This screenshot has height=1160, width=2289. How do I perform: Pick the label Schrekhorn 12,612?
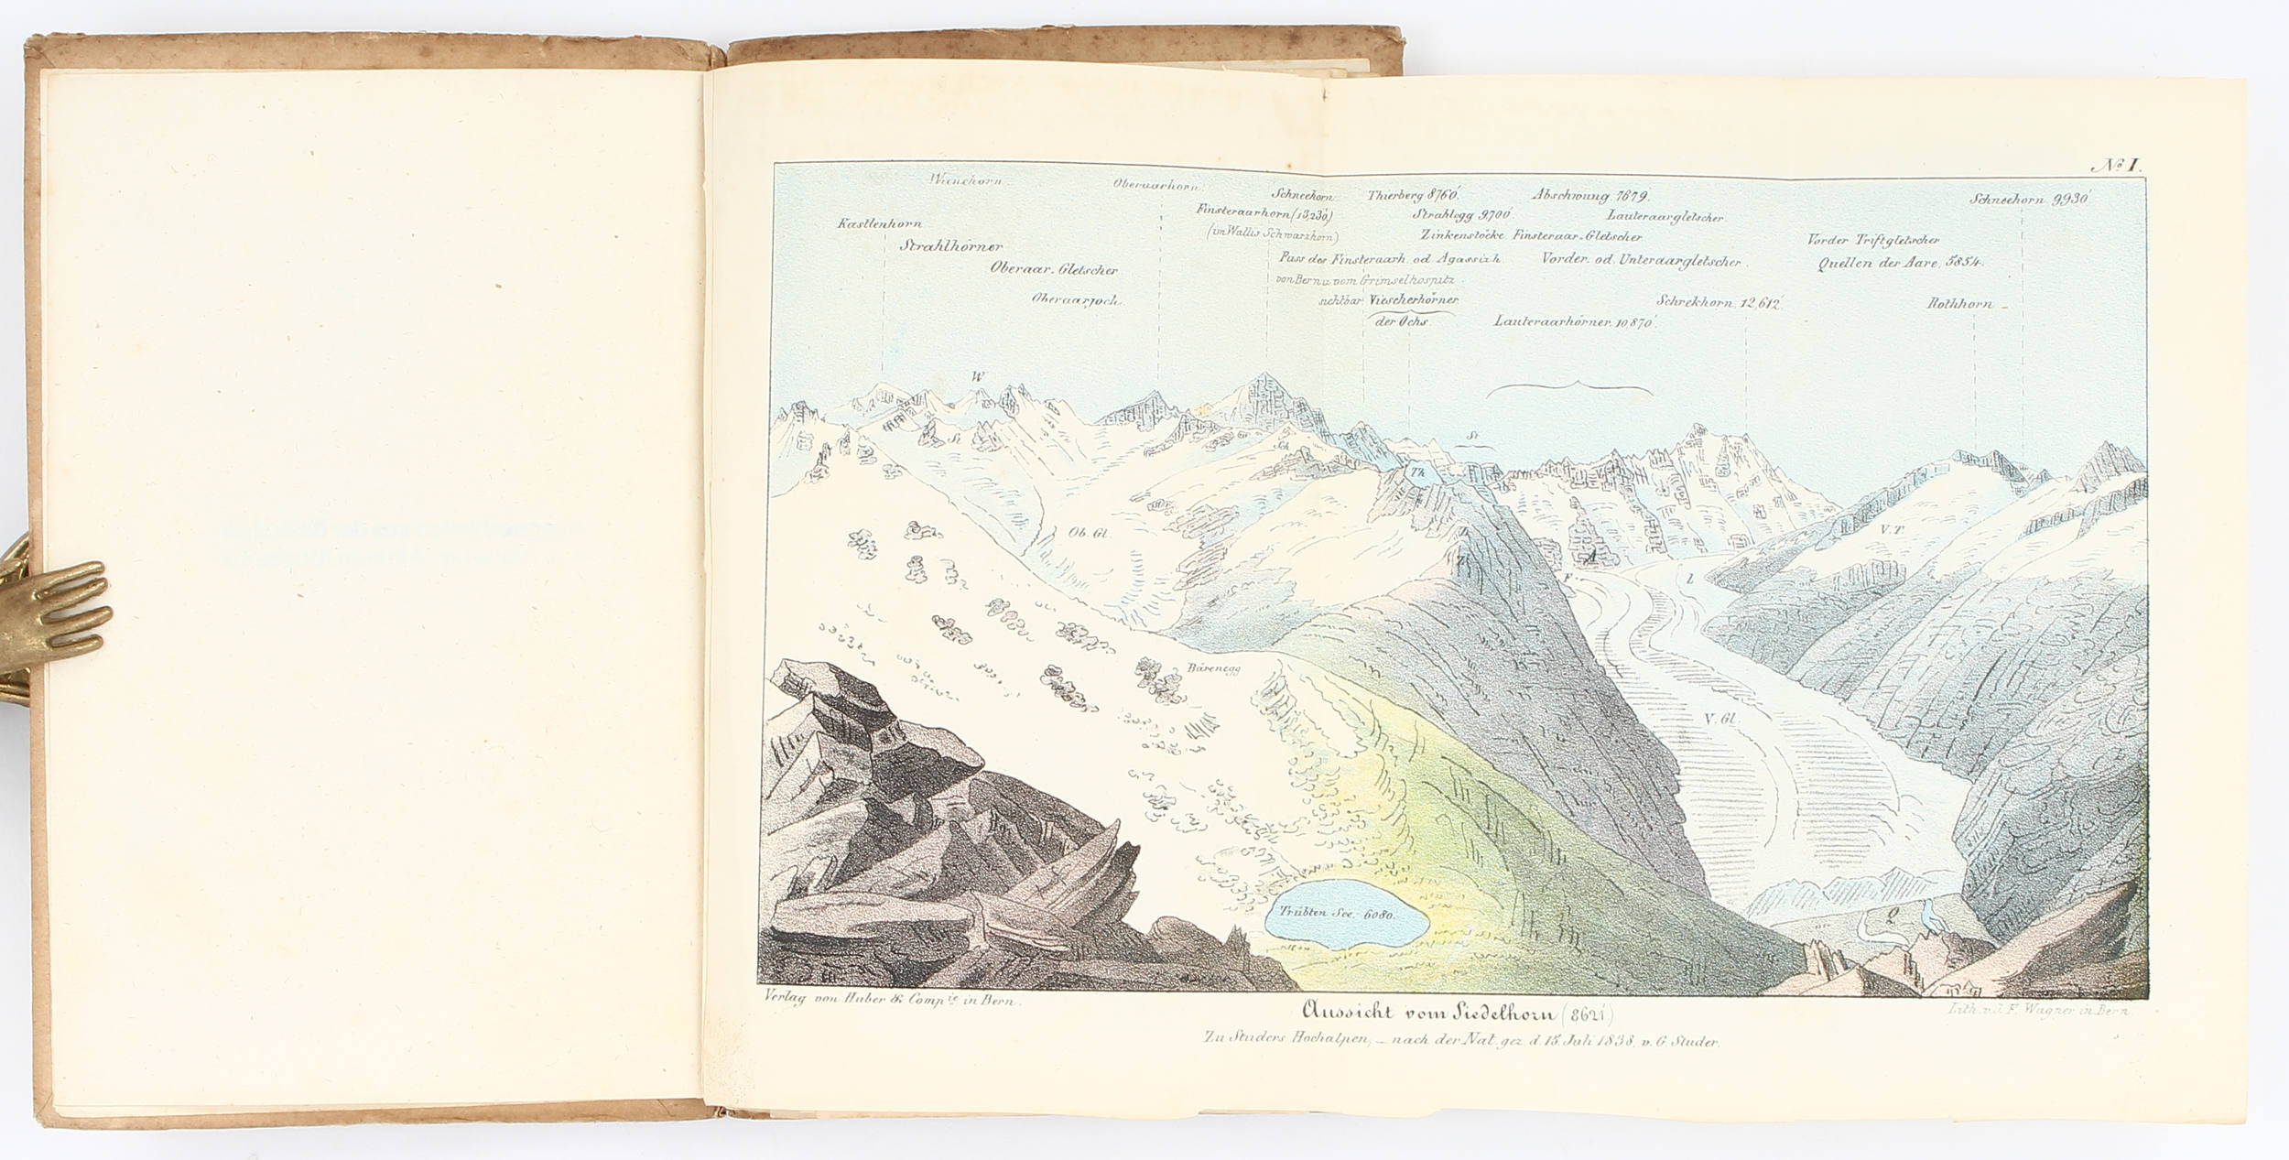coord(1718,303)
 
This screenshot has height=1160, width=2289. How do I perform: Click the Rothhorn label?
coord(1958,303)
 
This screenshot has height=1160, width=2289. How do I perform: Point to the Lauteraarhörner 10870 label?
coord(1573,321)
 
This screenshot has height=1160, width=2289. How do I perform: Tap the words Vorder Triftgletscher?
coord(1872,240)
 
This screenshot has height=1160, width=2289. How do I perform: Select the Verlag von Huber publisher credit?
coord(889,1002)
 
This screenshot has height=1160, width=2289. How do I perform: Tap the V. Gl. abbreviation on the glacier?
coord(1720,719)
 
